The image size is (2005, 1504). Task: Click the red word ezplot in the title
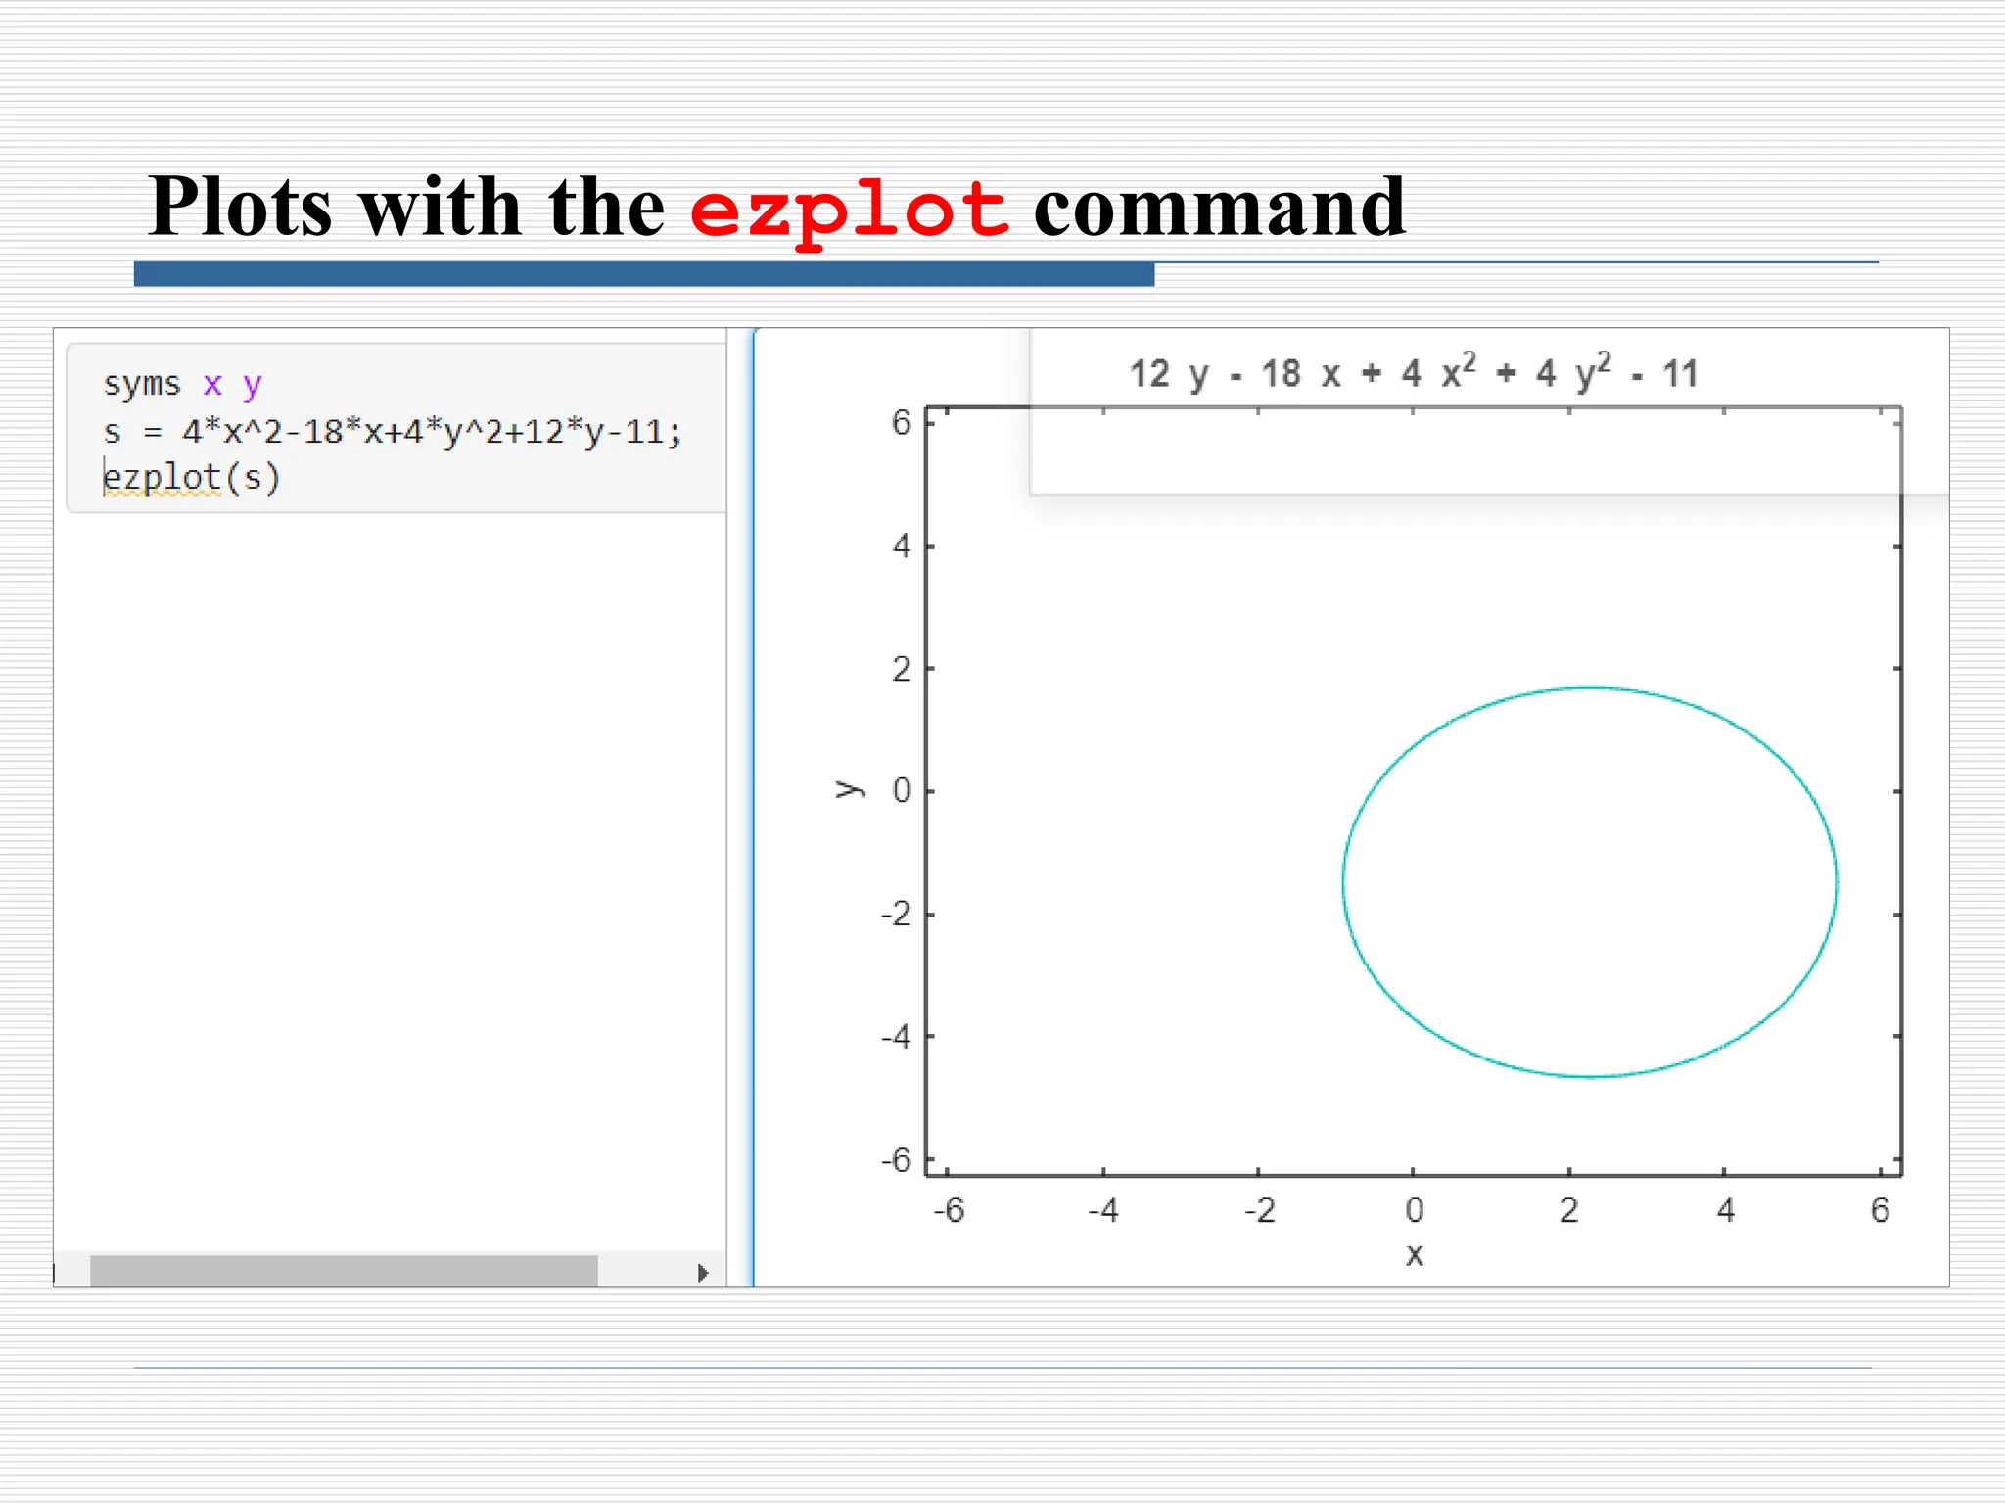(849, 209)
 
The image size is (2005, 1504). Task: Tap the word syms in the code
(142, 384)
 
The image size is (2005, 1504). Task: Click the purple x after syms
(212, 384)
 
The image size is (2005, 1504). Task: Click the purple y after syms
(253, 385)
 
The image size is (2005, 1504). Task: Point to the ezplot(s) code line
(192, 478)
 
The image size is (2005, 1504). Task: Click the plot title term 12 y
(1169, 374)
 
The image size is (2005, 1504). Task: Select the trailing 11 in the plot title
(1680, 374)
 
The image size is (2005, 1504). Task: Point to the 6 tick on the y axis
(901, 423)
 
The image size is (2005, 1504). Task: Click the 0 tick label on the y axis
(902, 791)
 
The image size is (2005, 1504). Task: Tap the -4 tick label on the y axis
(896, 1036)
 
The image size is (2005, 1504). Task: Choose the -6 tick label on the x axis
(949, 1211)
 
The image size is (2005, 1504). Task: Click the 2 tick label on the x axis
(1569, 1211)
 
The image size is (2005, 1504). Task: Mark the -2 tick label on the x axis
(1259, 1211)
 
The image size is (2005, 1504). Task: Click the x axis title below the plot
(1414, 1254)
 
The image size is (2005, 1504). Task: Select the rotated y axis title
(849, 789)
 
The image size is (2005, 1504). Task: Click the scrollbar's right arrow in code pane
(703, 1273)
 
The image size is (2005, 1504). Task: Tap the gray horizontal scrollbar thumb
(344, 1271)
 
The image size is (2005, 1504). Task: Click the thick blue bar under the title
(643, 274)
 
